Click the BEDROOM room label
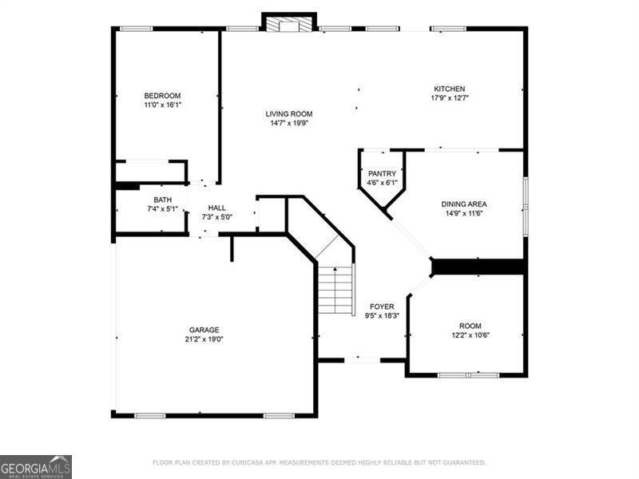(x=162, y=96)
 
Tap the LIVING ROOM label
(x=289, y=114)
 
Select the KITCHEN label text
(x=449, y=89)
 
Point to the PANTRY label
(x=382, y=173)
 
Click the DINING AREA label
(x=464, y=204)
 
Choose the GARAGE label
(x=204, y=330)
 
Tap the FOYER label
(x=382, y=307)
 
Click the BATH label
(x=163, y=200)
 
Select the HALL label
(x=216, y=208)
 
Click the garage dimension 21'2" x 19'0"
(x=204, y=339)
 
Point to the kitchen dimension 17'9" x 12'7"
(x=450, y=97)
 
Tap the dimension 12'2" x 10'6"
(x=470, y=335)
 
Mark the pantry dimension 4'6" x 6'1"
(x=382, y=183)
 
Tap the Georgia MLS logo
(x=36, y=467)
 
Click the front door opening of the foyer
(x=363, y=360)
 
